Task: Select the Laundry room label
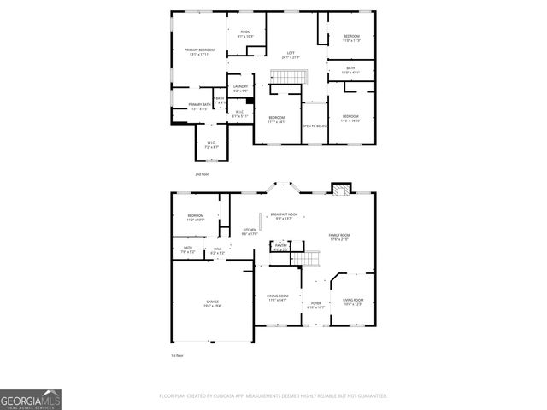[240, 87]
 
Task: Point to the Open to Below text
[314, 126]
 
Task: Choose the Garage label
[211, 302]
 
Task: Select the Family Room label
[340, 237]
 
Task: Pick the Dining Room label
[277, 298]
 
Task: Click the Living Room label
[353, 302]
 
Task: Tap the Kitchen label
[250, 231]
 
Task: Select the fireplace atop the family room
[342, 190]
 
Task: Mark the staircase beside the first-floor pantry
[303, 256]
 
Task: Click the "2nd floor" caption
[202, 173]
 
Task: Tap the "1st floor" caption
[177, 354]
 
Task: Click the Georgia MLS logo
[30, 399]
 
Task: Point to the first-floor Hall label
[217, 251]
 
